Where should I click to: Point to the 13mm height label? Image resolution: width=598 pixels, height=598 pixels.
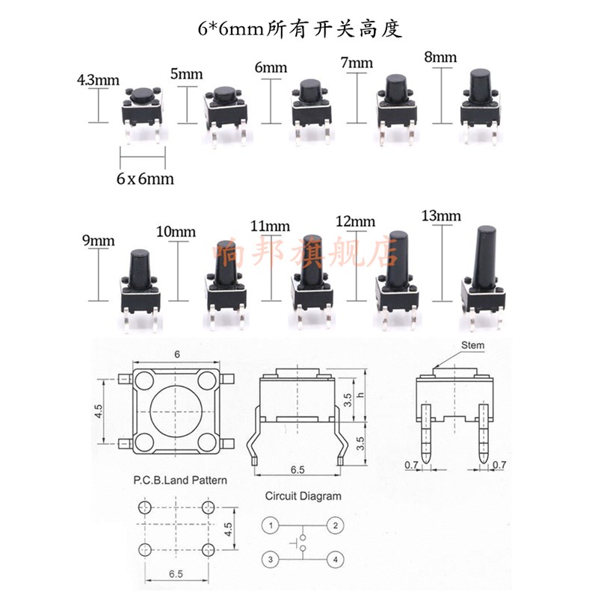click(442, 217)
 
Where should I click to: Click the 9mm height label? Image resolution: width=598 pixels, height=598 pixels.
click(98, 241)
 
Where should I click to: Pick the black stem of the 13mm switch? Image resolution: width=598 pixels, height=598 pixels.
click(486, 250)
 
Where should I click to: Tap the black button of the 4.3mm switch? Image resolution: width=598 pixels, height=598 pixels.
click(140, 94)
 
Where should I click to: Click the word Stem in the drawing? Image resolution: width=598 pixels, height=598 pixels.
click(473, 345)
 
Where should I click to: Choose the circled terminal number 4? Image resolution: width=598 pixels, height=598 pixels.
click(336, 558)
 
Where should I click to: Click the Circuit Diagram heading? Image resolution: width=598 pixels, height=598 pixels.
click(303, 496)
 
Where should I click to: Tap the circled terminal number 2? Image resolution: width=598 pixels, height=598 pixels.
click(336, 525)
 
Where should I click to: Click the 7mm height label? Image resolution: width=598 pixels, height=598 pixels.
click(356, 63)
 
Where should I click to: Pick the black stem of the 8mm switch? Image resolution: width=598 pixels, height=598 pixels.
click(478, 88)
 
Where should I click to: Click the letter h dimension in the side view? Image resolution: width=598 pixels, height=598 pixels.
click(360, 395)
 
